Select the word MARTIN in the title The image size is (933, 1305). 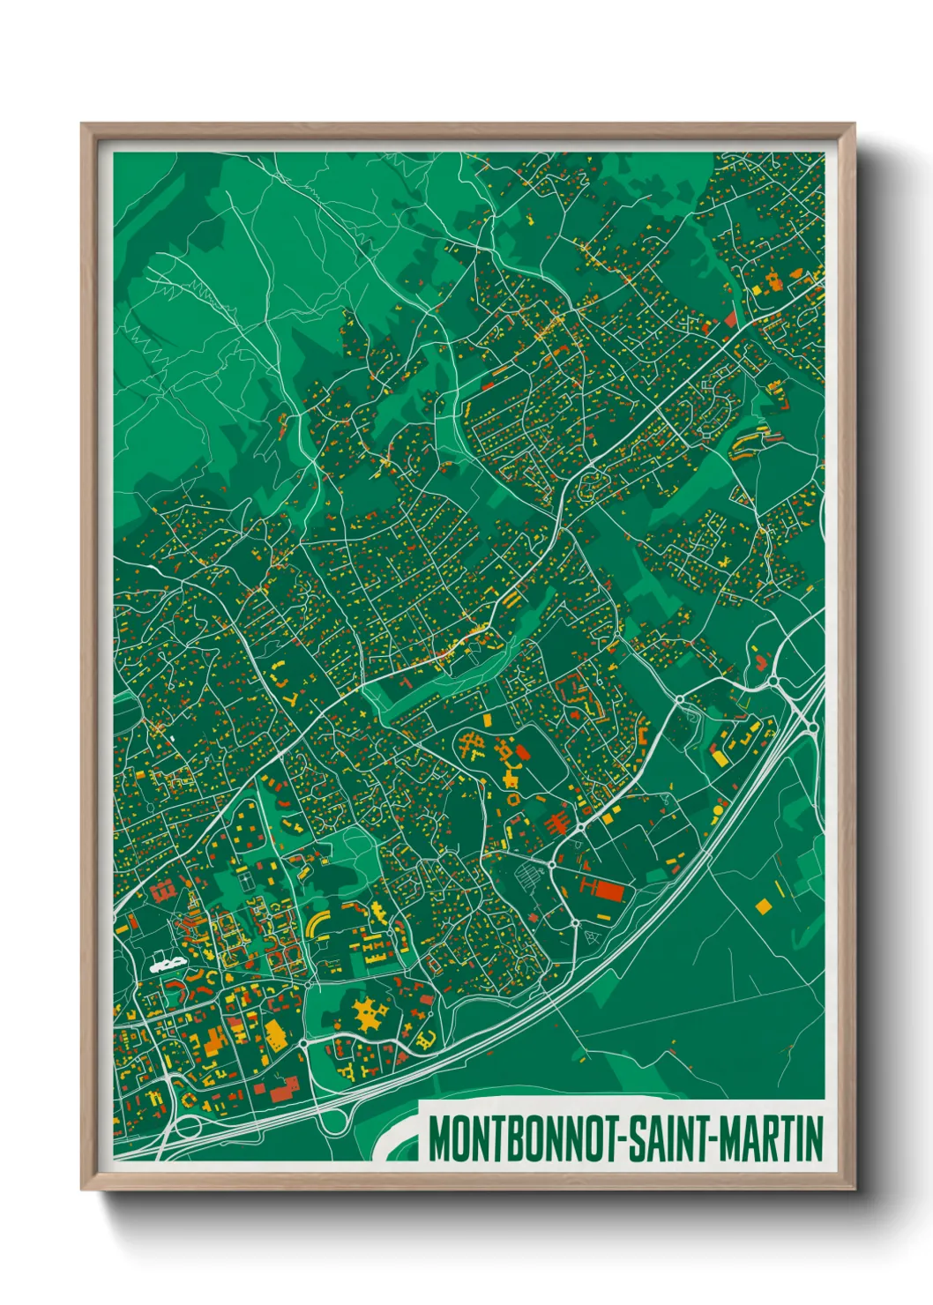(772, 1139)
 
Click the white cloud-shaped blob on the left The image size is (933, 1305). (166, 965)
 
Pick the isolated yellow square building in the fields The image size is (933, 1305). (763, 906)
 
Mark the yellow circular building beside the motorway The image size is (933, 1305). (717, 809)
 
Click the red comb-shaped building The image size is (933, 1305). (556, 824)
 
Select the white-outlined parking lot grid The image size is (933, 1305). (529, 877)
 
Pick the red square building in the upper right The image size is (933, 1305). (730, 319)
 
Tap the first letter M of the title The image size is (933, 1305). (440, 1139)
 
